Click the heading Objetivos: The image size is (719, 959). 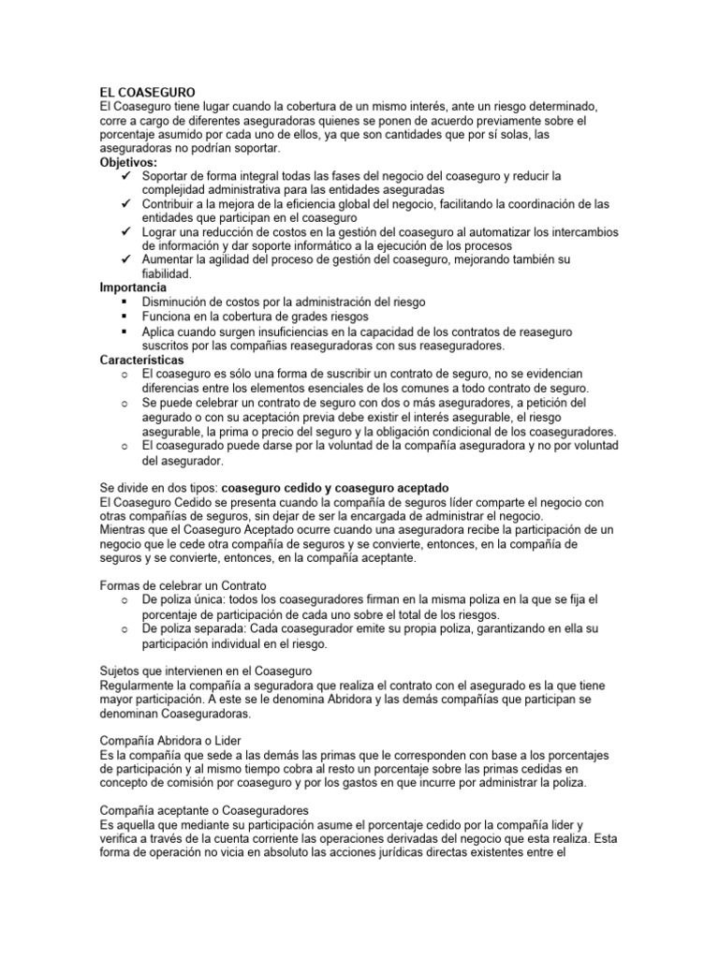coord(129,162)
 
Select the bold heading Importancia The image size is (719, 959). coord(133,288)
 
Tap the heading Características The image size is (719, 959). coord(142,360)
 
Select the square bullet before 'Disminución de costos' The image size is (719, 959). coord(125,302)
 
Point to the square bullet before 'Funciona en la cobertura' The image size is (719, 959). coord(125,317)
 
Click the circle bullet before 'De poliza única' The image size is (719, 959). coord(125,598)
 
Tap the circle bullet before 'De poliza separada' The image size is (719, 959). coord(125,628)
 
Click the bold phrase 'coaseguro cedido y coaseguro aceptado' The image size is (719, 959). coord(335,488)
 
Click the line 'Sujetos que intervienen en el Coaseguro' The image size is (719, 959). coord(205,671)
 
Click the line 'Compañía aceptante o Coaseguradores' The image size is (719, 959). coord(205,809)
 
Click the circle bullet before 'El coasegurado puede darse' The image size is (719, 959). coord(125,446)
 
